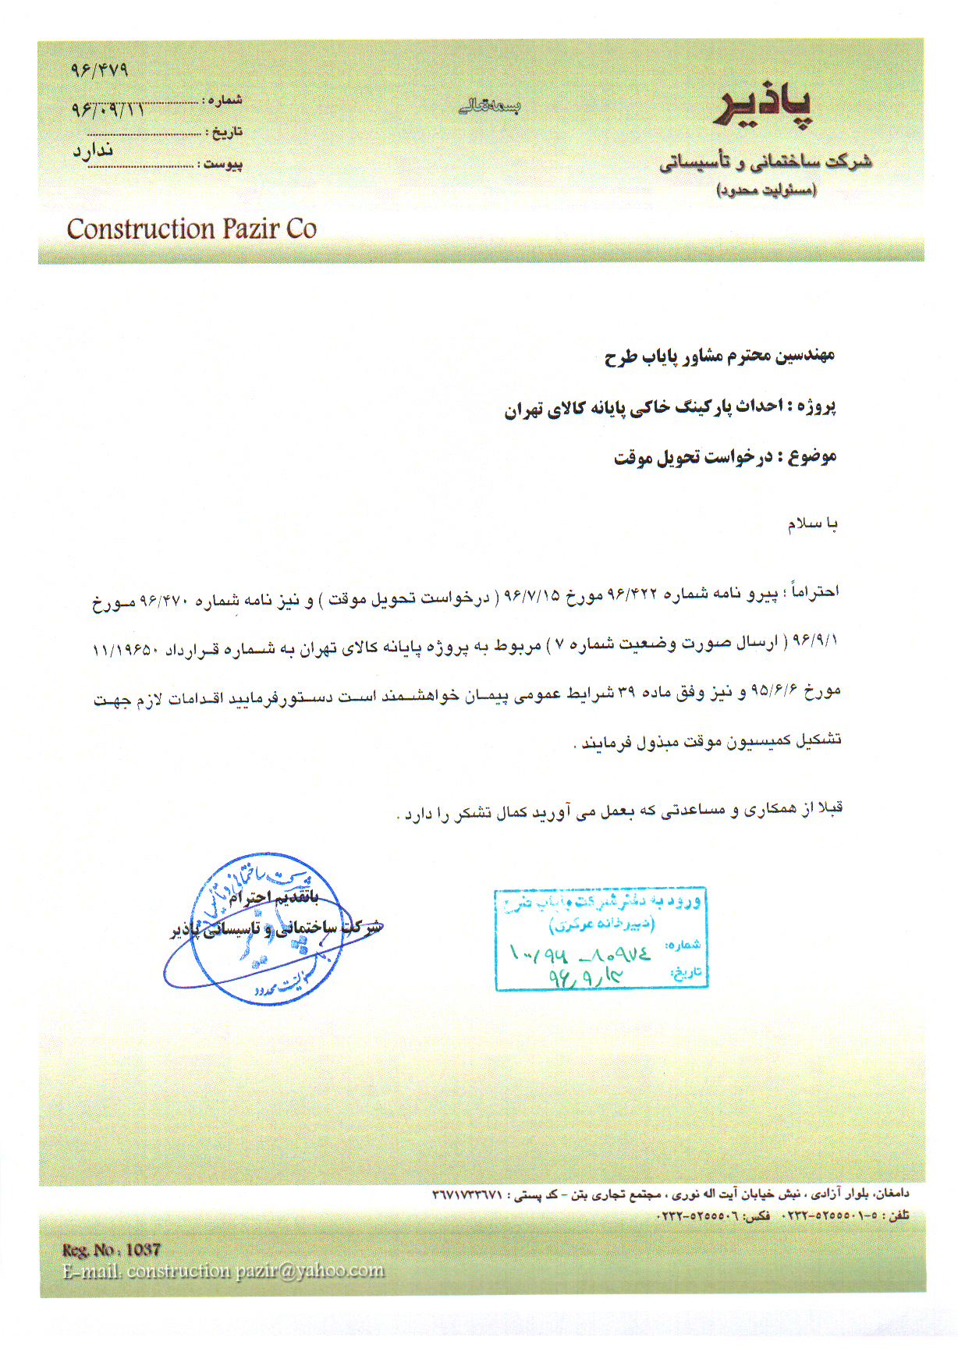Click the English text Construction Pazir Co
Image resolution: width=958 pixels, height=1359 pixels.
191,229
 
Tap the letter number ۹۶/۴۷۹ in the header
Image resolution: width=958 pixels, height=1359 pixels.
99,70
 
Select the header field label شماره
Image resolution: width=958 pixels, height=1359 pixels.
225,100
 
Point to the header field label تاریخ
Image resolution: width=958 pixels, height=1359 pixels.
227,132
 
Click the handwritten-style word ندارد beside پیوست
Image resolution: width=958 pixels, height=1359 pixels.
93,151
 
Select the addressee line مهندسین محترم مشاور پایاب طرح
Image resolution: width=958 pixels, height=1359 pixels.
719,357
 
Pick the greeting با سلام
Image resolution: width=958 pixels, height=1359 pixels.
812,523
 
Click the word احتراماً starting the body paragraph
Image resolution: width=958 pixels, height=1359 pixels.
814,592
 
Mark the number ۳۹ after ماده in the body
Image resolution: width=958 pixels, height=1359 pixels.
627,692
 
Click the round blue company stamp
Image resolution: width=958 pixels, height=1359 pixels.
265,928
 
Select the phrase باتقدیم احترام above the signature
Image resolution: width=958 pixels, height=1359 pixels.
274,898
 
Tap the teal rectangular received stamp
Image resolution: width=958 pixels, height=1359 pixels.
601,939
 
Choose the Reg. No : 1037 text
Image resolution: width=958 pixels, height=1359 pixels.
112,1250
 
